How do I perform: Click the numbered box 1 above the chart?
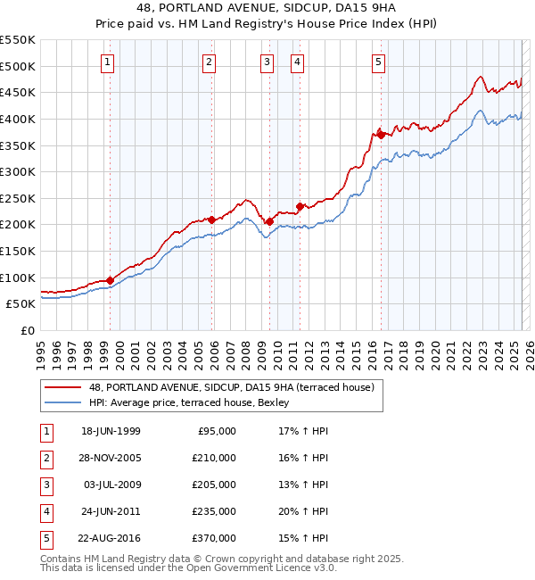[x=107, y=62]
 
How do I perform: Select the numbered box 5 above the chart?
[x=379, y=62]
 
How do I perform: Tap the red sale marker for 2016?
[x=381, y=134]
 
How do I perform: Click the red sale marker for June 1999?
[x=111, y=280]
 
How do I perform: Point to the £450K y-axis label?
[x=18, y=92]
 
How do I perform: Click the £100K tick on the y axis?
[x=18, y=278]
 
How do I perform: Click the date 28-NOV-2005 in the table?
[x=111, y=458]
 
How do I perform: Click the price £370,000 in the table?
[x=215, y=538]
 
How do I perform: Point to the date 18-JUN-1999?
[x=111, y=431]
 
